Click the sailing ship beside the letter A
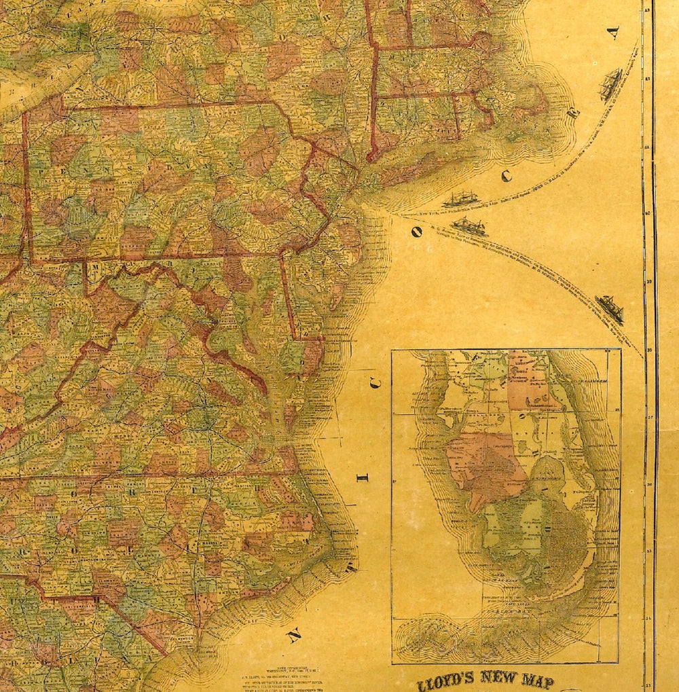(610, 84)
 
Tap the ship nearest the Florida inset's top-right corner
(610, 309)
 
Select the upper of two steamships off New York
(460, 198)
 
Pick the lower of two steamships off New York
(470, 226)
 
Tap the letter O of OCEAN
(414, 231)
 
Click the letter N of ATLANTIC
(293, 636)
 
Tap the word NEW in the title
(503, 678)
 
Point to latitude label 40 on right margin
(648, 213)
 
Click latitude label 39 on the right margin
(648, 281)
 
